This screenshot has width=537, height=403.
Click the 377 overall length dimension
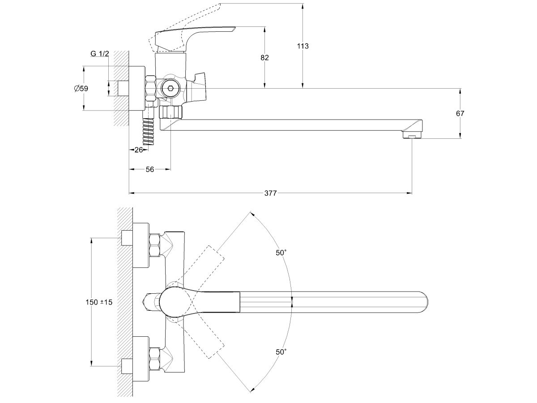click(270, 193)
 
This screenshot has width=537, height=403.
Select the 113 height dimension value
click(303, 46)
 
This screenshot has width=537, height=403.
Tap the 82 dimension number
click(265, 57)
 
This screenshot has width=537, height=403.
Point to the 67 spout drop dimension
click(460, 113)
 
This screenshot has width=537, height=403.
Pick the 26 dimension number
click(138, 150)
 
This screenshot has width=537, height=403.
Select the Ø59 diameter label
click(81, 88)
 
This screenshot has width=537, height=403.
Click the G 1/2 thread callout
click(99, 54)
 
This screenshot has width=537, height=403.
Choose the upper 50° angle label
click(281, 253)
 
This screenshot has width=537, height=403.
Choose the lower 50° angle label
click(281, 352)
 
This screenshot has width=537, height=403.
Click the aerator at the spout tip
click(412, 135)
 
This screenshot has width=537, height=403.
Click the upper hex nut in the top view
click(155, 245)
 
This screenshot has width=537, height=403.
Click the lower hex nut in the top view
click(155, 358)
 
